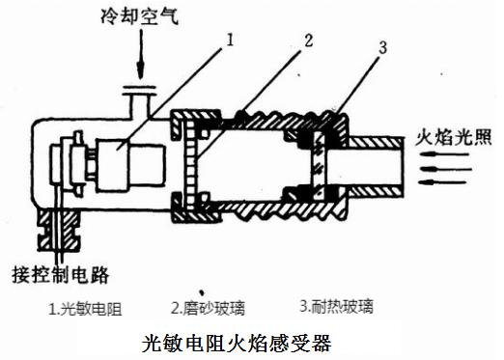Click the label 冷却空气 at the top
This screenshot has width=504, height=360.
139,15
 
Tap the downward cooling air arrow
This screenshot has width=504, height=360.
140,54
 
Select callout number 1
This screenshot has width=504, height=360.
230,41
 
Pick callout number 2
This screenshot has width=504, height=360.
308,41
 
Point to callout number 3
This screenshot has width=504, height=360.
382,48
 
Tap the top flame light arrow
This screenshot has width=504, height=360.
444,154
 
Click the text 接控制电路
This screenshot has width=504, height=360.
60,274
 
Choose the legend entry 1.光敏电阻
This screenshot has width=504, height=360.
85,309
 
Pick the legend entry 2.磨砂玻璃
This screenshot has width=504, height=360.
208,308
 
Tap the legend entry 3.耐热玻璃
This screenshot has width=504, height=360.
337,306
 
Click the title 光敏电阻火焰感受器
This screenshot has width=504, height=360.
237,344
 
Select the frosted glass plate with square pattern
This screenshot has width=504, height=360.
189,164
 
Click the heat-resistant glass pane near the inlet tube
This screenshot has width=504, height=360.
319,165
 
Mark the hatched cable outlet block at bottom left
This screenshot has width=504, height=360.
59,230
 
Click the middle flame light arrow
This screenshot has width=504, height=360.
446,169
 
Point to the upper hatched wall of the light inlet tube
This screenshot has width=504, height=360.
376,142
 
